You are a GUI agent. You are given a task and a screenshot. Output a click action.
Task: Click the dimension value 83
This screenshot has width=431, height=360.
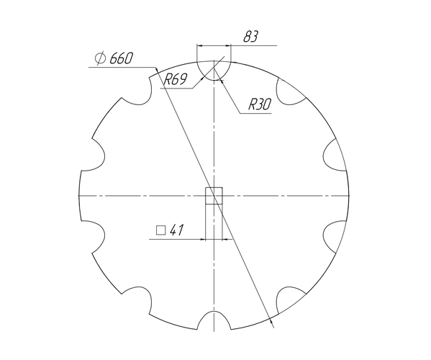(x=251, y=37)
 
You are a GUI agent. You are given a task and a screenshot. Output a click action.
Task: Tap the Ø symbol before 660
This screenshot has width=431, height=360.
(x=101, y=59)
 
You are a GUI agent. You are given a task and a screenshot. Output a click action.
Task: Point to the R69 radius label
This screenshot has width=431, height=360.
(x=176, y=80)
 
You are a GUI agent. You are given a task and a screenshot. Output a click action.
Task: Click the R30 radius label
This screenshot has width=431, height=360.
(x=259, y=104)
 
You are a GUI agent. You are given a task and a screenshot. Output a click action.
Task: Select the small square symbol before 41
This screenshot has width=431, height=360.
(x=160, y=231)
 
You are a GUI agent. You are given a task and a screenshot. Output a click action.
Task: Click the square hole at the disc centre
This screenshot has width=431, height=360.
(x=214, y=196)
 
